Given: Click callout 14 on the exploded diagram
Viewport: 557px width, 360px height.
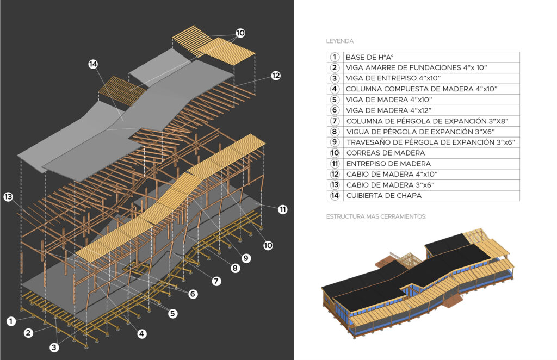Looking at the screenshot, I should click(94, 64).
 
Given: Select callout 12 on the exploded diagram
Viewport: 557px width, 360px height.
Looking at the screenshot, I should click(276, 76).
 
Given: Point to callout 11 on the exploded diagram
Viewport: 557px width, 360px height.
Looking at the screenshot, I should click(282, 209).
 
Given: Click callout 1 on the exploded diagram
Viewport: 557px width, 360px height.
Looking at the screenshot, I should click(11, 321).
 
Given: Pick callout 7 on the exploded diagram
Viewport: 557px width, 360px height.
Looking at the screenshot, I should click(216, 281).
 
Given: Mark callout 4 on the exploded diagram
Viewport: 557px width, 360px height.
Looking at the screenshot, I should click(142, 334).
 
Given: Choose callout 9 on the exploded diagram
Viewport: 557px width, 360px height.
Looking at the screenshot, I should click(246, 258).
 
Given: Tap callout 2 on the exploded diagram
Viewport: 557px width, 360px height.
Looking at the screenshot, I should click(28, 333).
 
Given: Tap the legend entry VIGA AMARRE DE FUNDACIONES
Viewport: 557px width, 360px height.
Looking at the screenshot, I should click(416, 68).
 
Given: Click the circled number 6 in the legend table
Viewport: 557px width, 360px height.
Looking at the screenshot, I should click(335, 110).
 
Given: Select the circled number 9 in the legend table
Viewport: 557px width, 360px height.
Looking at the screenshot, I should click(335, 142).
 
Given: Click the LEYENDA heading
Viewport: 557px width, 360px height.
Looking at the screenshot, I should click(339, 41).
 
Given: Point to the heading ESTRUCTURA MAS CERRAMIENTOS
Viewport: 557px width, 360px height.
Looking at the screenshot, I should click(376, 216).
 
